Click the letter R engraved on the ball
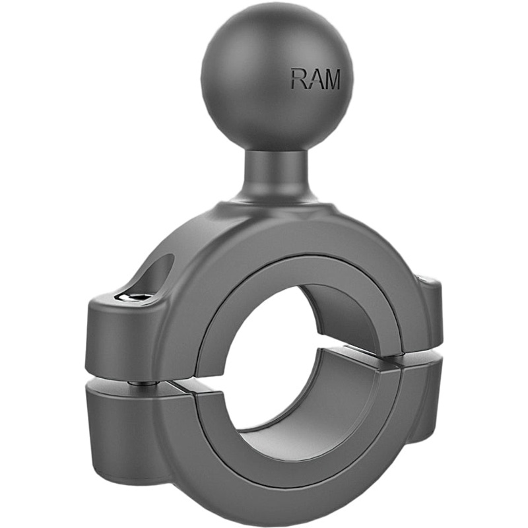[x=298, y=79]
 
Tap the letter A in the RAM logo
[x=315, y=79]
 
